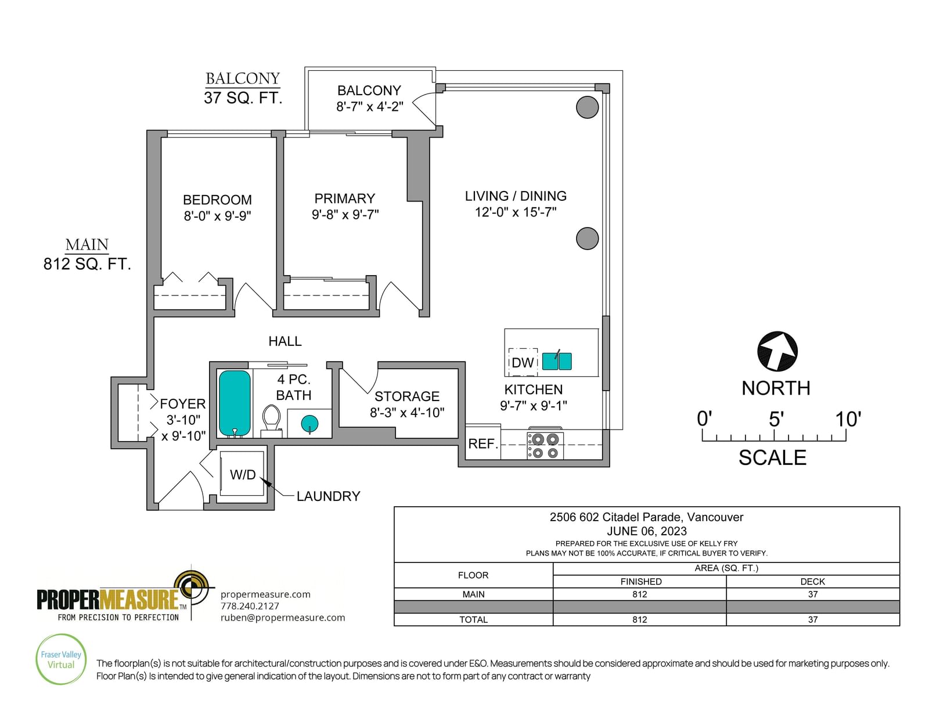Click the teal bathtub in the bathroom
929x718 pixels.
234,403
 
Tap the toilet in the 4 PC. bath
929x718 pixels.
271,421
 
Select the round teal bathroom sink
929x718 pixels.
309,424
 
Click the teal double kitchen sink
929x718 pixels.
557,360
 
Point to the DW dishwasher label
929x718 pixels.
523,362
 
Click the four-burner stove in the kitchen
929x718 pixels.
545,445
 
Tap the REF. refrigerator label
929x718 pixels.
483,443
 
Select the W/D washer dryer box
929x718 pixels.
242,474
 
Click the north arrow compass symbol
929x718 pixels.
777,351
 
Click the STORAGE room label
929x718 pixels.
406,396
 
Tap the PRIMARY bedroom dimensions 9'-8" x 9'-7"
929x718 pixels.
345,214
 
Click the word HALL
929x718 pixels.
285,341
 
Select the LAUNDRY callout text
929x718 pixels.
328,496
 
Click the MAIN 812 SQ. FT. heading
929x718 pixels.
87,255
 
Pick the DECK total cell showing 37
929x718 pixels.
813,619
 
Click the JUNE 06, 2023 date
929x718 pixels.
646,531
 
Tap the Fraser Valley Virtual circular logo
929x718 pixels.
61,659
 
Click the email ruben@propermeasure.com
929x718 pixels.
283,618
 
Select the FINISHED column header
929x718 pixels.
641,581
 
